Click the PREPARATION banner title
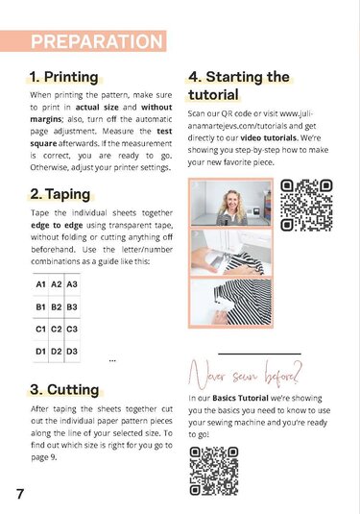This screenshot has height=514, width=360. pyautogui.click(x=96, y=42)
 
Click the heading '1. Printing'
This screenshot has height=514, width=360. pyautogui.click(x=63, y=77)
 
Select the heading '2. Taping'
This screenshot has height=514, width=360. pyautogui.click(x=60, y=194)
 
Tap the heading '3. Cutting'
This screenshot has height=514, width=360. pyautogui.click(x=63, y=389)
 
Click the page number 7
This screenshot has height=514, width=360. pyautogui.click(x=19, y=494)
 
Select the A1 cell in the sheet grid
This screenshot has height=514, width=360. pyautogui.click(x=41, y=285)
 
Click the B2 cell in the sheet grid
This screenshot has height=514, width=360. pyautogui.click(x=57, y=307)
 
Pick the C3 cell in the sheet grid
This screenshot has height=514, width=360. pyautogui.click(x=72, y=330)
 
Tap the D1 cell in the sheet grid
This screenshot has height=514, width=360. pyautogui.click(x=41, y=352)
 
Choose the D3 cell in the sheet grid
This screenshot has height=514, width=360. pyautogui.click(x=72, y=352)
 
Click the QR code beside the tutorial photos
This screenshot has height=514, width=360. pyautogui.click(x=306, y=205)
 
